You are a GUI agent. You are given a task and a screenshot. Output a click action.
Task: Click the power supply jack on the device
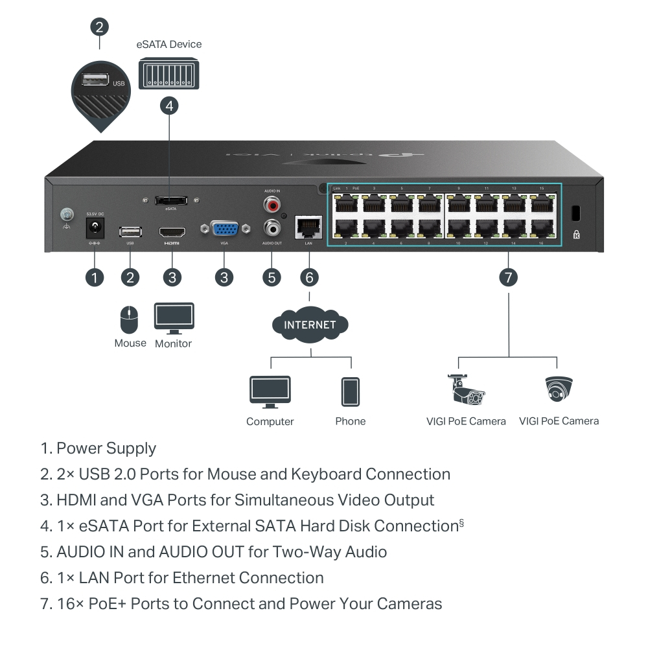[x=97, y=228]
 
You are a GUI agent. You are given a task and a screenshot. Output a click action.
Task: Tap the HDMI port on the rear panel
[x=172, y=231]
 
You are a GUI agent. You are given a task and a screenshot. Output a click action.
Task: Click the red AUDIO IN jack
[x=272, y=205]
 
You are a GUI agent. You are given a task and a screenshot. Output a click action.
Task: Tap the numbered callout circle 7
[x=509, y=277]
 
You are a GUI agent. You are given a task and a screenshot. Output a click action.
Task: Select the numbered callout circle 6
[x=310, y=277]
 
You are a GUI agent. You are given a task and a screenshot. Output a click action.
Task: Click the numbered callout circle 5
[x=272, y=277]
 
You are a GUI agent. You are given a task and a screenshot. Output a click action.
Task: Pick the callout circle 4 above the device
[x=169, y=106]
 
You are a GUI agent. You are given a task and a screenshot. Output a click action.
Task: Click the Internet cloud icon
[x=310, y=324]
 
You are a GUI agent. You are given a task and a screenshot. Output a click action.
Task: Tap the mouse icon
[x=130, y=320]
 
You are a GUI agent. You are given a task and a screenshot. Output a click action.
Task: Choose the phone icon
[x=351, y=391]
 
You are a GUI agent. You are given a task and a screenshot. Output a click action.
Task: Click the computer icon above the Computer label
[x=270, y=391]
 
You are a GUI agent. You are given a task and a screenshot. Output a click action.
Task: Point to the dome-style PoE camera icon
[x=559, y=389]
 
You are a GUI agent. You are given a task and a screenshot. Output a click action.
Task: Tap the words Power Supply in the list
[x=106, y=448]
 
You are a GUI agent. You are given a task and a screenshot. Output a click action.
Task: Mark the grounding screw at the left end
[x=65, y=214]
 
